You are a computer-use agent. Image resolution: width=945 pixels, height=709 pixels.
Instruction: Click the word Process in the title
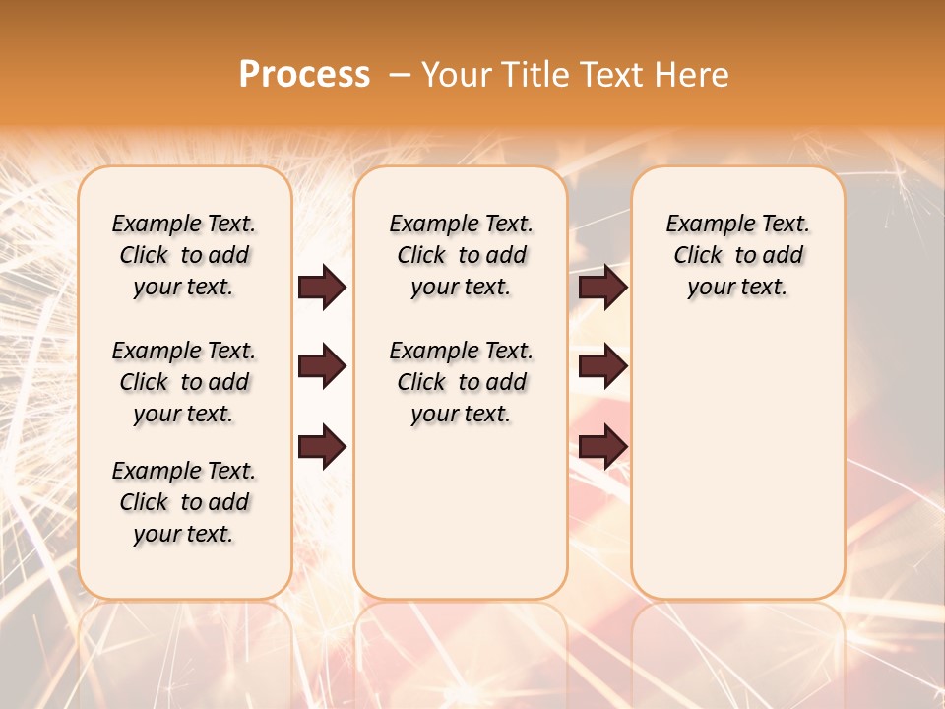304,74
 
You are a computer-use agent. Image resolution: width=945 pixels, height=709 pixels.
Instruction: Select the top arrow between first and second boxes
322,287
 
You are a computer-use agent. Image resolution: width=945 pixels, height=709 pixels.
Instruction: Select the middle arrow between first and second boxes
322,367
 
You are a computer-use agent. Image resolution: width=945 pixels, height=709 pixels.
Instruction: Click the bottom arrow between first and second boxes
322,447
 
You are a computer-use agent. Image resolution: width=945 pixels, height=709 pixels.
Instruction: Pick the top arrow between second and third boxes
602,287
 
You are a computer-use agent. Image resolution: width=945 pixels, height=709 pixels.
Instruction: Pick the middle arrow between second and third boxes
602,367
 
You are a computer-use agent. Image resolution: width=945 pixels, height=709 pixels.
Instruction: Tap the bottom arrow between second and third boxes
602,447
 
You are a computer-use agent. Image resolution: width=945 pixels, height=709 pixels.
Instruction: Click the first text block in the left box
184,255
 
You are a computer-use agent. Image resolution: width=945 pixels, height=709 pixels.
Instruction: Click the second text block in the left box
184,382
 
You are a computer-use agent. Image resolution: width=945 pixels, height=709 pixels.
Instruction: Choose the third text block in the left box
184,502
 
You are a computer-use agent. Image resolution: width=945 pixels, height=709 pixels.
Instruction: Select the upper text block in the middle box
461,255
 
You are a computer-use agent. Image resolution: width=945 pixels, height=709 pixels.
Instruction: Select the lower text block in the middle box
461,382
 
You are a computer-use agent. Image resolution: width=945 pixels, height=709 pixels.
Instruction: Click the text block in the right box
737,255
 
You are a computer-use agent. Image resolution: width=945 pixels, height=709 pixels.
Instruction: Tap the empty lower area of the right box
737,463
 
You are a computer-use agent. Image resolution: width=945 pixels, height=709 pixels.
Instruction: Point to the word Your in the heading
454,75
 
